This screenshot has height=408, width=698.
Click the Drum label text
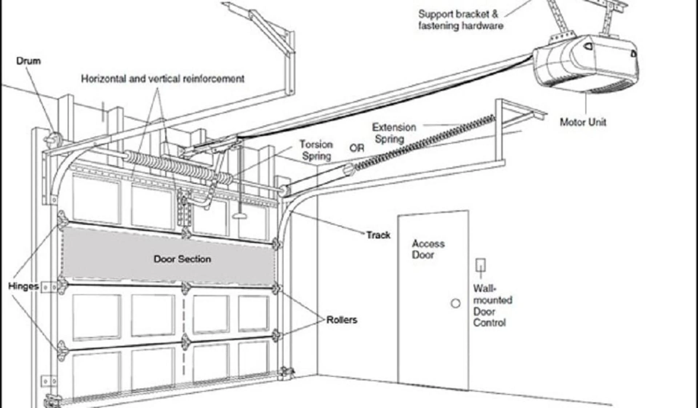[28, 61]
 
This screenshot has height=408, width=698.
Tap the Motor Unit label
[583, 122]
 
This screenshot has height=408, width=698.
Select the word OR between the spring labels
[357, 148]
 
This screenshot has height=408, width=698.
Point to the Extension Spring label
[393, 133]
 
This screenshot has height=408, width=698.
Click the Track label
[378, 235]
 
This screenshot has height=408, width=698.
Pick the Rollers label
[341, 320]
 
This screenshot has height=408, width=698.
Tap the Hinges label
[23, 286]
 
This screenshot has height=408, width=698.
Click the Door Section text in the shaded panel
[182, 259]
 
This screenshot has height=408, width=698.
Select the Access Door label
[428, 249]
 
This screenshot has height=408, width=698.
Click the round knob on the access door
[456, 303]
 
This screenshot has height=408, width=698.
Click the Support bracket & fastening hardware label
[460, 20]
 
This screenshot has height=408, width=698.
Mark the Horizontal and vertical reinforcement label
[163, 79]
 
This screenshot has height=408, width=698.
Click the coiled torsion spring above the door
[178, 165]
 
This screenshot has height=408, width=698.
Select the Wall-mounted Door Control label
[492, 306]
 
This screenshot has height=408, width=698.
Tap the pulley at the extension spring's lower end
[349, 168]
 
